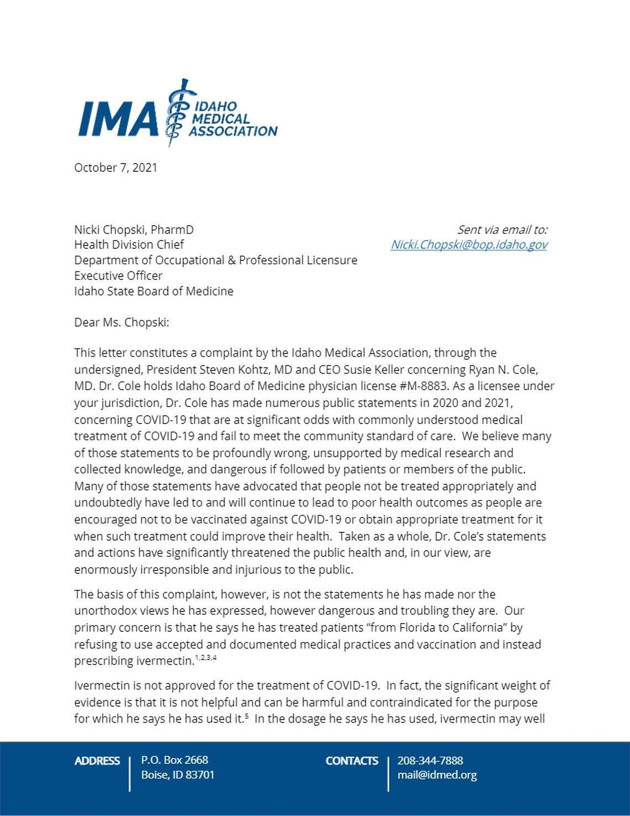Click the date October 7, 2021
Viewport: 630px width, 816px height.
click(116, 168)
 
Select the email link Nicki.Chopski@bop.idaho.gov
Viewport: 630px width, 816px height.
click(469, 244)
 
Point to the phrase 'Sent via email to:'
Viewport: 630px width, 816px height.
click(502, 229)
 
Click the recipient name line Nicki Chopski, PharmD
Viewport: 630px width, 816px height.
click(134, 229)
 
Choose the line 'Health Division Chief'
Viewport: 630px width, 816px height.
click(129, 244)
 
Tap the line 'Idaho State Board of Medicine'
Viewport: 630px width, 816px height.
click(154, 291)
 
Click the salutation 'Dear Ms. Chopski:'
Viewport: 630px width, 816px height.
click(122, 322)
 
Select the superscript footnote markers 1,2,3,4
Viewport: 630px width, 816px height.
click(206, 658)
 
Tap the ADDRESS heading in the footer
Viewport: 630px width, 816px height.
click(97, 761)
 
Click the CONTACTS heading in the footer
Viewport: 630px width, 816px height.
click(351, 761)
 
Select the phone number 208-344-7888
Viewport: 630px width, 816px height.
click(430, 760)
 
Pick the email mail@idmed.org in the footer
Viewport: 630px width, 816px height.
click(437, 775)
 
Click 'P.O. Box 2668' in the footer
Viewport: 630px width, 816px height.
click(175, 760)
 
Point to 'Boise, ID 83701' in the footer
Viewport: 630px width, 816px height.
click(177, 775)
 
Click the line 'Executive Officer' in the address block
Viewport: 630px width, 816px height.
click(118, 275)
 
